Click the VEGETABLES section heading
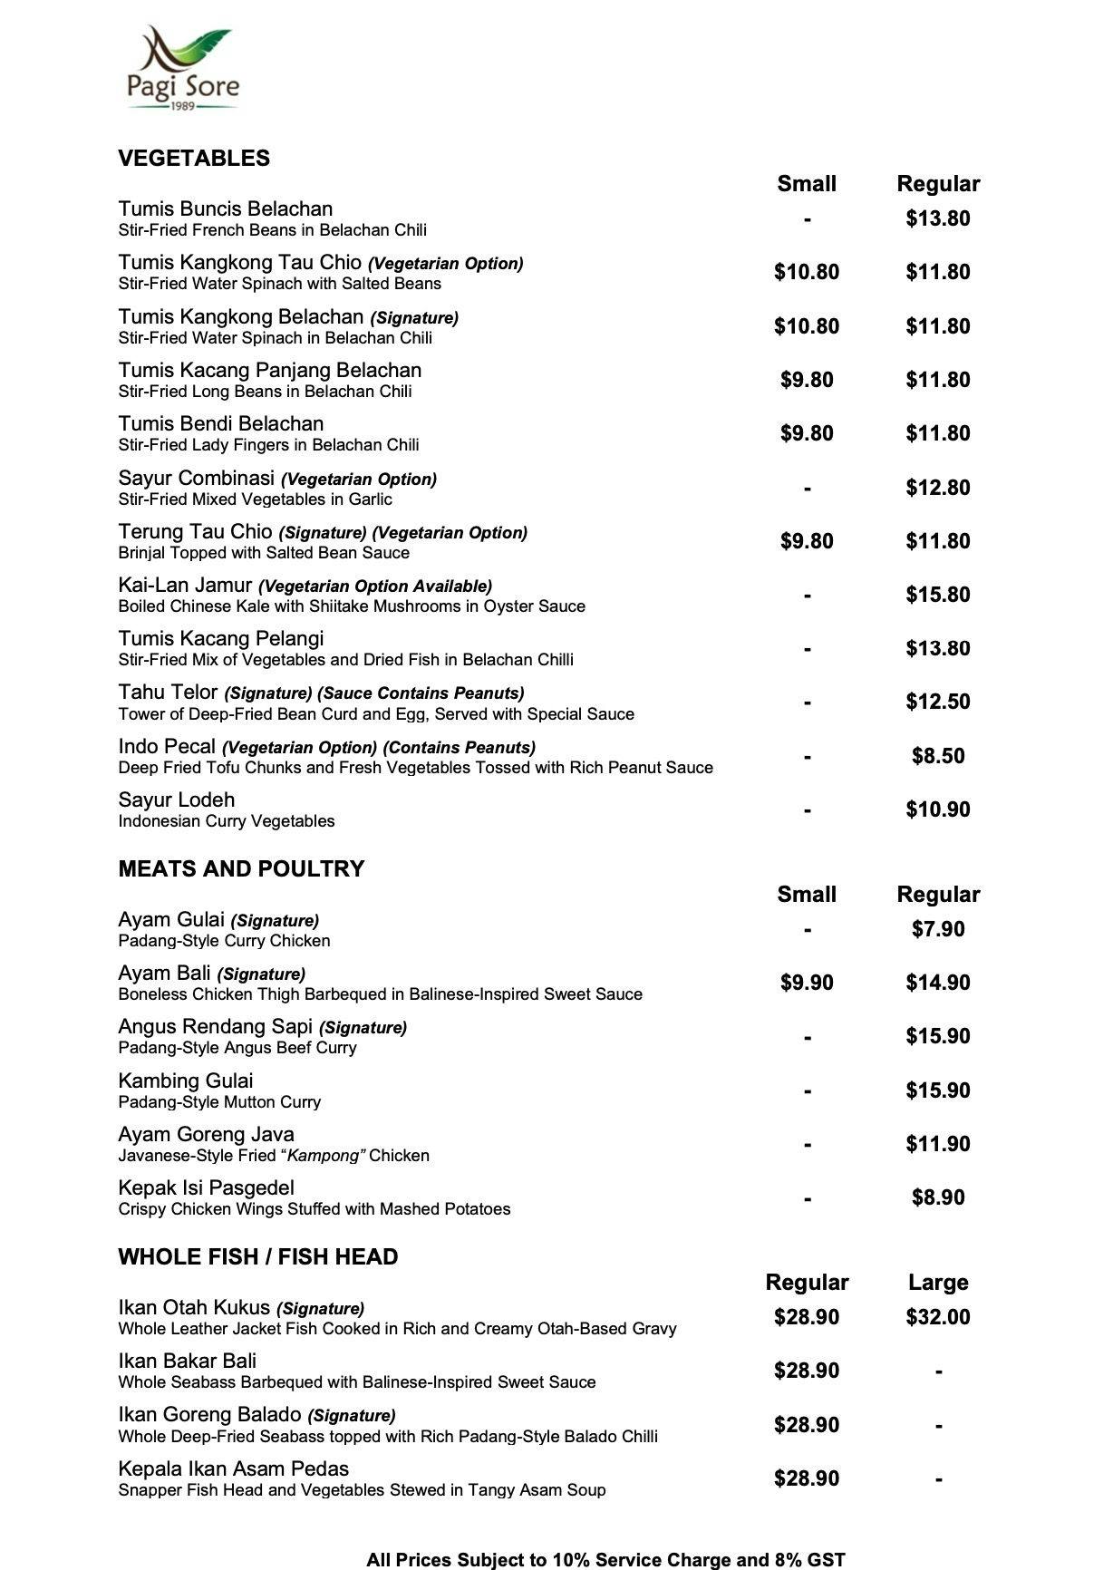point(194,159)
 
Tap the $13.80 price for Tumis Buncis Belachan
point(937,218)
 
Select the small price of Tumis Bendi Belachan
point(806,433)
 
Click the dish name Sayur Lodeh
point(177,800)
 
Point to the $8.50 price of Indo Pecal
point(937,756)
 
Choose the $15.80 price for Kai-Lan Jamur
point(937,595)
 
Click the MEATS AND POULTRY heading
point(241,869)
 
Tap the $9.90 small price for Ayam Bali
point(806,983)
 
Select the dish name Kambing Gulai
point(186,1081)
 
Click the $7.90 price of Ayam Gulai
point(937,929)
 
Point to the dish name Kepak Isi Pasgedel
point(207,1188)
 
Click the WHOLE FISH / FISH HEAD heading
point(258,1257)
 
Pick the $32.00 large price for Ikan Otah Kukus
point(937,1317)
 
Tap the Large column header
point(937,1283)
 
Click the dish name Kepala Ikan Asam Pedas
point(234,1469)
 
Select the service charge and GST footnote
point(605,1560)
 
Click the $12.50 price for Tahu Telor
point(937,703)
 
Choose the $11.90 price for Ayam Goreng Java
point(937,1144)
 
